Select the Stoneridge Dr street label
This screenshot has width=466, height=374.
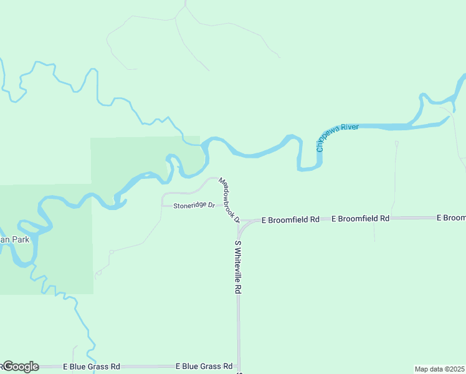[194, 205]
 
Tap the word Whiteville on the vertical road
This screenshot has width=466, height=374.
[238, 265]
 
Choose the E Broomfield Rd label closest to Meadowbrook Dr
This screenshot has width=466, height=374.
[290, 220]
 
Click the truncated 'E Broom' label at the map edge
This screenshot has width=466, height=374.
[451, 218]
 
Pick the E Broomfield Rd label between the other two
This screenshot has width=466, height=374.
[360, 219]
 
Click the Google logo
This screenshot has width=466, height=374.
[21, 367]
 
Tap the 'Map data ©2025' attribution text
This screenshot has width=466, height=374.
[440, 369]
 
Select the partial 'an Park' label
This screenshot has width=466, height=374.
[15, 239]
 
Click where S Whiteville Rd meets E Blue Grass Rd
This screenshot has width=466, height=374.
[238, 367]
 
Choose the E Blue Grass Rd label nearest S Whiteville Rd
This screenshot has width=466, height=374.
[204, 367]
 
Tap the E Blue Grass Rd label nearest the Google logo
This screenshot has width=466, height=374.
[91, 367]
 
